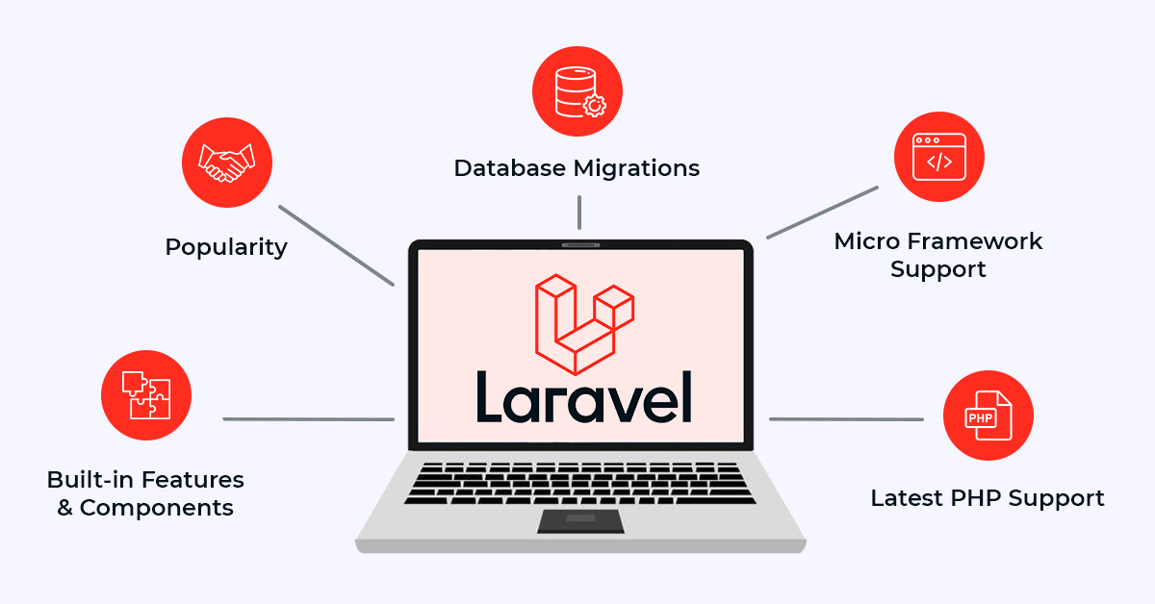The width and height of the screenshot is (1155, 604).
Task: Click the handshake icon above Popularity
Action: pos(227,163)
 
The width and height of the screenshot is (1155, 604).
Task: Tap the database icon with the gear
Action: pos(579,91)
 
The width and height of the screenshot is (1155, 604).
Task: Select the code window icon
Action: pos(939,157)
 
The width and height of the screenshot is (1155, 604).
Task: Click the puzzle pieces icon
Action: pos(146,395)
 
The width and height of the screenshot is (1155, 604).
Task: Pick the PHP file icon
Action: pos(988,415)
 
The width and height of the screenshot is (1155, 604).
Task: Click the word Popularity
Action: pos(226,247)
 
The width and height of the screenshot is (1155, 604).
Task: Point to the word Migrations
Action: pos(636,168)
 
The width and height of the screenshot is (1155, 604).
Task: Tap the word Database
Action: pos(510,168)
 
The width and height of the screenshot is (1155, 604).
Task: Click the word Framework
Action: pos(974,241)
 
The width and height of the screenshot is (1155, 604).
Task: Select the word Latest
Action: pos(907,498)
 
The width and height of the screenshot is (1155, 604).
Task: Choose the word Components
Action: pos(156,508)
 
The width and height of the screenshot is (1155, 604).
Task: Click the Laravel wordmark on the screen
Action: pos(583,397)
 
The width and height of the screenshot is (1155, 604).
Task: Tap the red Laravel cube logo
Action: pos(584,324)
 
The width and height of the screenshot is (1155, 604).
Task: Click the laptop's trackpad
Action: pos(580,521)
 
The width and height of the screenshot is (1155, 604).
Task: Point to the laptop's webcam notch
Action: pos(580,245)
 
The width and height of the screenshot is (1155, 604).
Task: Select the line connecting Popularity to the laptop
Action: pos(337,245)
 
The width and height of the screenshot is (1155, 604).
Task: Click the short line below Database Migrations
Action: pos(579,213)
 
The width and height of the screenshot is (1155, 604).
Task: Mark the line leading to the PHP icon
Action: pos(846,419)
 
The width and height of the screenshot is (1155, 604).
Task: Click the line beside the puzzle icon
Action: pos(308,419)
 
